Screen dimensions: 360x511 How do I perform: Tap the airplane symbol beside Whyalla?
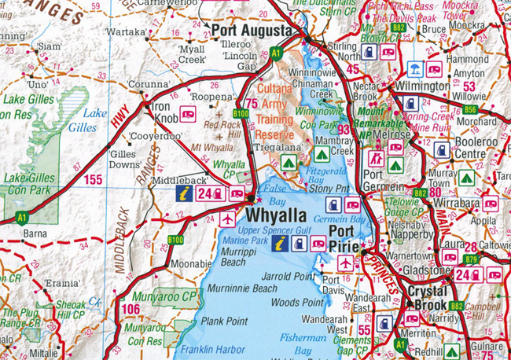228,218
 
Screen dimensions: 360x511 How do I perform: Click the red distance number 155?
93,180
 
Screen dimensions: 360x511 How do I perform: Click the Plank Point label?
224,321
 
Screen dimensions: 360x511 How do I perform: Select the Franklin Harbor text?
207,349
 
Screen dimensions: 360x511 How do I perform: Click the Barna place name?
35,233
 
